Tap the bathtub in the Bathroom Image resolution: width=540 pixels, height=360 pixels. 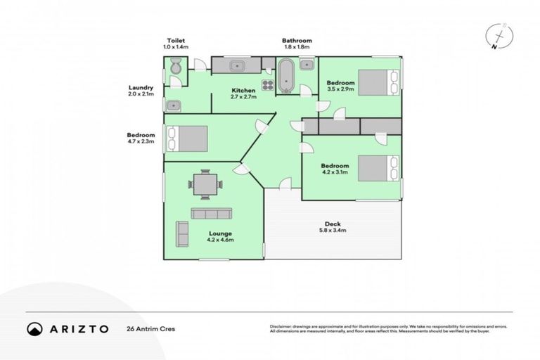point(285,76)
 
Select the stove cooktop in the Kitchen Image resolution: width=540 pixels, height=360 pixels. point(268,86)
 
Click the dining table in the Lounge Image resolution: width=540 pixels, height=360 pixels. point(205,184)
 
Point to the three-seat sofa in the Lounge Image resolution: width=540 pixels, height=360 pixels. point(212,213)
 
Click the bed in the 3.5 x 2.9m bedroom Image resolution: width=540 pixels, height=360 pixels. point(378,82)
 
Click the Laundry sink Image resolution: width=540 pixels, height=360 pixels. point(173,105)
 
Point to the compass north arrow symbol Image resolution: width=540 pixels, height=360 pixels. point(498,36)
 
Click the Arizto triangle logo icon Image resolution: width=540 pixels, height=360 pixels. point(34,328)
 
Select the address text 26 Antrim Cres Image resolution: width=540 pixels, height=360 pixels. point(150,328)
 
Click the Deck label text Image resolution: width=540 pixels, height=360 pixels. point(333,224)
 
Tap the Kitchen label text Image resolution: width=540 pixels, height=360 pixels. point(244,91)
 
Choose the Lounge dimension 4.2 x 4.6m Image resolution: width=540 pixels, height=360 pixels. point(220,240)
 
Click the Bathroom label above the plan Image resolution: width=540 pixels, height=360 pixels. point(297,41)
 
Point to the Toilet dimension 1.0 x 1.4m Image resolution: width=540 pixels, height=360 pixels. point(176,46)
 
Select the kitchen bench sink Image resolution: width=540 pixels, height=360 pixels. point(237,65)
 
